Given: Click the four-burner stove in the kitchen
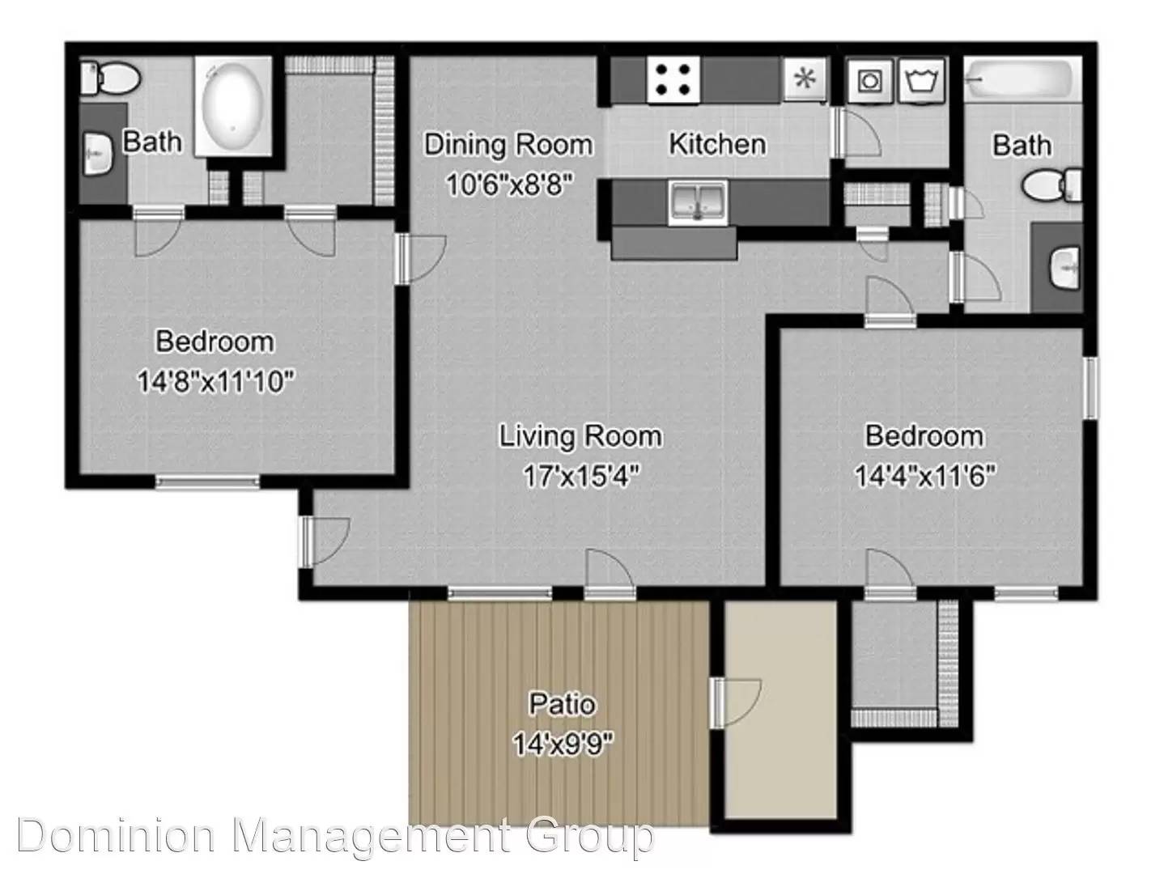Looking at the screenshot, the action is coord(673,79).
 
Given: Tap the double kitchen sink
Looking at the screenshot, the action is coord(698,202).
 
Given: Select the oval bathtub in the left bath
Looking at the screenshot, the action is coord(233,106).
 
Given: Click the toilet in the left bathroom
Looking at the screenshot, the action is coord(111,78).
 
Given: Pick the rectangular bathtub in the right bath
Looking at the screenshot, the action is coord(1022,79).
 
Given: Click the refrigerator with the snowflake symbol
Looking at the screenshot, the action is coord(805,79).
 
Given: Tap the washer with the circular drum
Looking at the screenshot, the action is coord(869,81).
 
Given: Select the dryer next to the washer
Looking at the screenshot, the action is coord(922,81).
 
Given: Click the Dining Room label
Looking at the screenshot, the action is coord(508,145).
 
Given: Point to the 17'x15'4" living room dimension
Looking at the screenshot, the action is coord(582,475).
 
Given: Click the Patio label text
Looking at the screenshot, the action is coord(562,704).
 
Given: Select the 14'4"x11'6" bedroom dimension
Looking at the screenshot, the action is coord(925,475).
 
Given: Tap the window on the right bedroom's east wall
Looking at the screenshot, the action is coord(1090,388).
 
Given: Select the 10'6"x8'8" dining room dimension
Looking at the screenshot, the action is coord(510,185).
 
